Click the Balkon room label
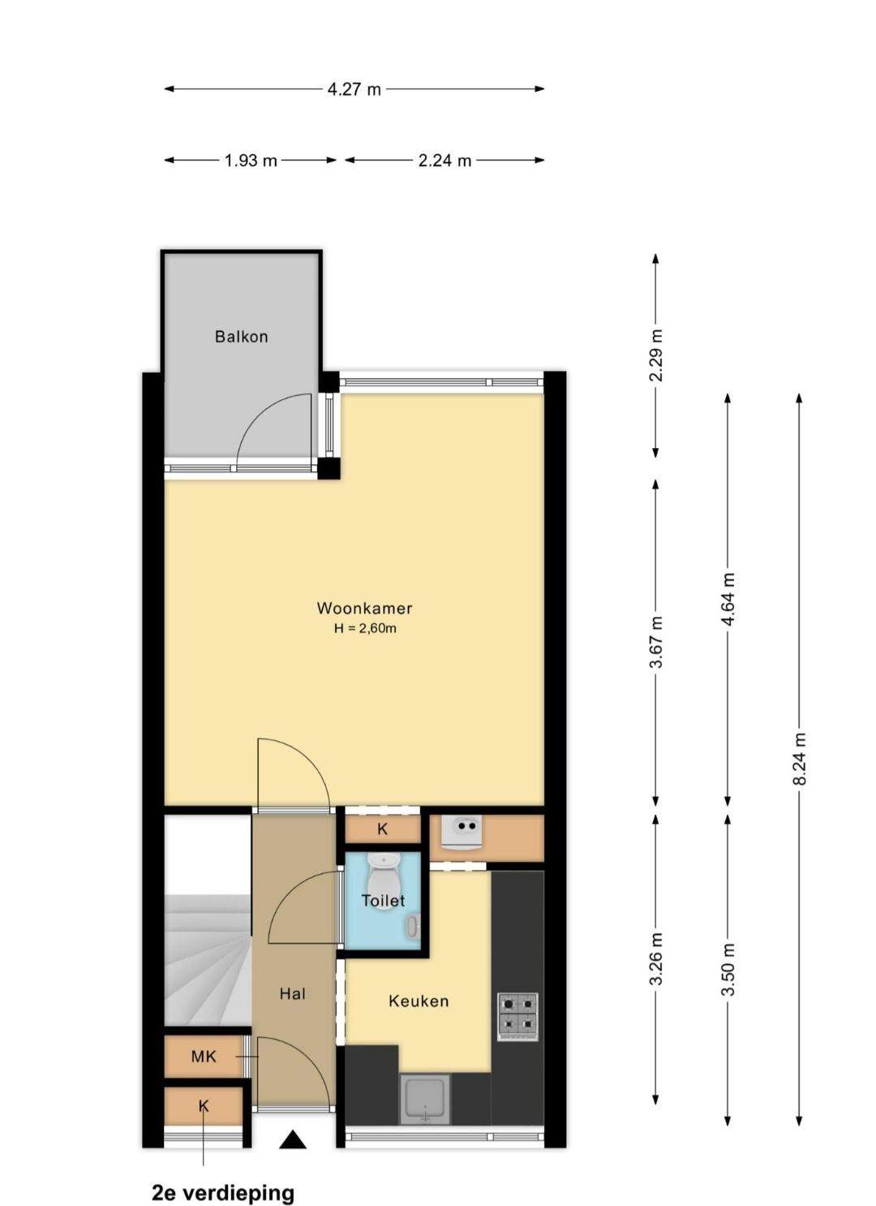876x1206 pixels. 241,337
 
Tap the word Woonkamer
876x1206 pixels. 364,609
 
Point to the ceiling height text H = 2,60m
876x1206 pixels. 365,628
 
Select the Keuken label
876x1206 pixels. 418,1001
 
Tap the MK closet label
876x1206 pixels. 204,1057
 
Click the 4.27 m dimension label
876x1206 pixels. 354,88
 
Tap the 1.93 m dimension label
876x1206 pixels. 251,161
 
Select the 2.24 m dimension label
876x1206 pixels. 444,161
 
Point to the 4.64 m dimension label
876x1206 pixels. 728,599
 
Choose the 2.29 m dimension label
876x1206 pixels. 656,355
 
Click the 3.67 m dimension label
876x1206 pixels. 656,640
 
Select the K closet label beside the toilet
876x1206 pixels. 382,829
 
